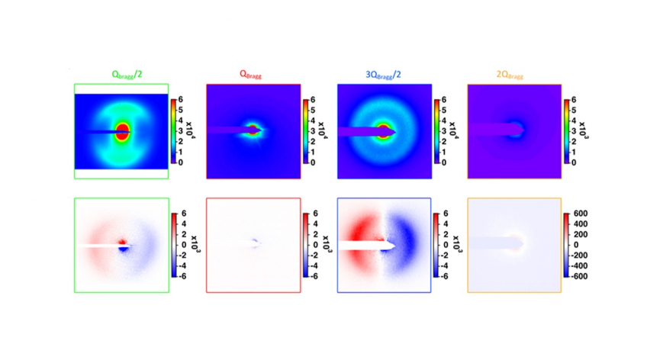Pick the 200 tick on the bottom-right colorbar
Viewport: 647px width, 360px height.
(582, 235)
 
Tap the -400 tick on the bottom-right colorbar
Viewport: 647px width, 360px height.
(581, 265)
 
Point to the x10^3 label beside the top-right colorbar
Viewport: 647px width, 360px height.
(583, 130)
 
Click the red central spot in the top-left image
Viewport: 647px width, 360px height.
(122, 132)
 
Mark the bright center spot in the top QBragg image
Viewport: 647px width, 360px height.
(254, 130)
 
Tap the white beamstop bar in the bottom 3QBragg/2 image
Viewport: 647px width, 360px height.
(362, 246)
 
